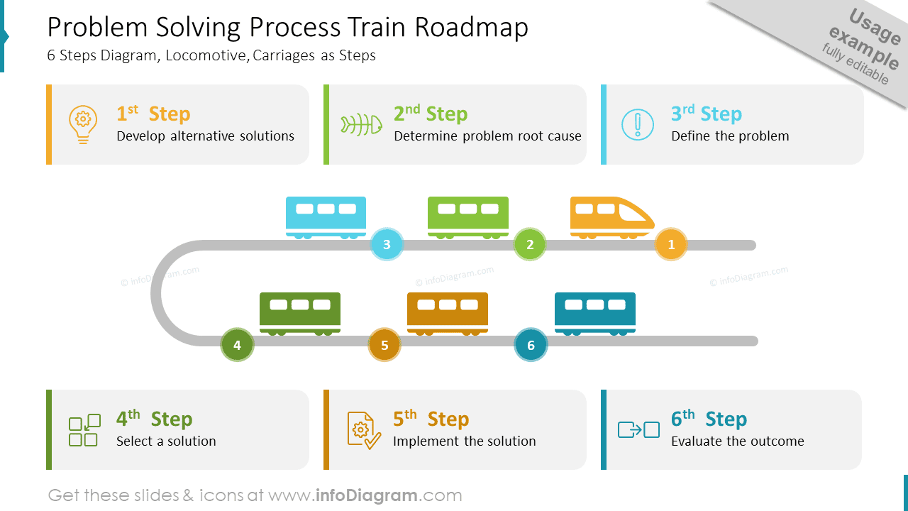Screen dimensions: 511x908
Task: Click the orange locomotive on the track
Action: pos(610,216)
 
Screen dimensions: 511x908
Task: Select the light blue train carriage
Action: pos(326,216)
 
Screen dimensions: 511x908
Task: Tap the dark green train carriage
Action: pos(300,312)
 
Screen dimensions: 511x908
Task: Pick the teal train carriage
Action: pos(595,312)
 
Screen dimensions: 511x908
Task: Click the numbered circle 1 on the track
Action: pos(671,245)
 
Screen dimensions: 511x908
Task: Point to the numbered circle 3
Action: pos(387,245)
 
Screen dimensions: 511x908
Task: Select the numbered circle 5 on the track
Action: pos(384,346)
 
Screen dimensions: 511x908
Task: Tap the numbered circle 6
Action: pos(531,346)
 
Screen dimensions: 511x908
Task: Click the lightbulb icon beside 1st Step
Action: pos(83,124)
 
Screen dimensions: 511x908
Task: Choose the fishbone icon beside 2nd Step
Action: pos(361,124)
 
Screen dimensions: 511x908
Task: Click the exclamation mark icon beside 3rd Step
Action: pos(638,124)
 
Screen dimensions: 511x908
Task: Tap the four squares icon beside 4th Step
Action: pos(83,430)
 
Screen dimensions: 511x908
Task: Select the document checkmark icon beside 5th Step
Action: pos(362,430)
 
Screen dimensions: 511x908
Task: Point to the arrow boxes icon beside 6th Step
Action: pos(638,429)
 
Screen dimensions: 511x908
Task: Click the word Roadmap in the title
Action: pos(472,28)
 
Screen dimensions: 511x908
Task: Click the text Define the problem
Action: pos(730,136)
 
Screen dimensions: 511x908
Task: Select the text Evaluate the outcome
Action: pos(737,441)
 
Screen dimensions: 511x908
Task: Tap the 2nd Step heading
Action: pos(430,114)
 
